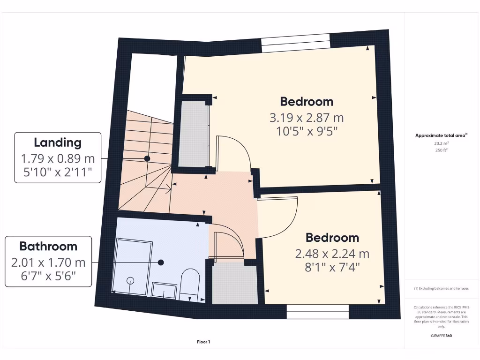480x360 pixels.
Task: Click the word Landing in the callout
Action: tap(58, 142)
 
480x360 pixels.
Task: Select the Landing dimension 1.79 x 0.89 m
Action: tap(58, 158)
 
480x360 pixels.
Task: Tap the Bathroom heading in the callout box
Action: tap(48, 246)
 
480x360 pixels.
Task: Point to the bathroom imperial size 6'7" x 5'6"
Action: tap(48, 277)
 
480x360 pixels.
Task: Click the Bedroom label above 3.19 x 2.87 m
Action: tap(307, 101)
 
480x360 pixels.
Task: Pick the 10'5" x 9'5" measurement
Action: tap(307, 131)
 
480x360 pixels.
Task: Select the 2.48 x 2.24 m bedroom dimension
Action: tap(332, 254)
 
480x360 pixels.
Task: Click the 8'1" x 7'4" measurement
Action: tap(332, 269)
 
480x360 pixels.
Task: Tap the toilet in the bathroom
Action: tap(190, 283)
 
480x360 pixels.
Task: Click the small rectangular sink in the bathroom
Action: tap(164, 290)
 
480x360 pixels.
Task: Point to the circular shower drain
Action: tap(130, 280)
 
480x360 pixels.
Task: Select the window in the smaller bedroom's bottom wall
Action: tap(318, 312)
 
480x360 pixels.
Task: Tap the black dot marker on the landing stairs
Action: tap(147, 159)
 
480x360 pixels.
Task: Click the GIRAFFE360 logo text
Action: tap(441, 336)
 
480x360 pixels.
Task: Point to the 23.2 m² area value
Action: tap(441, 143)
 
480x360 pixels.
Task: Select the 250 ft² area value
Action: tap(441, 150)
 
